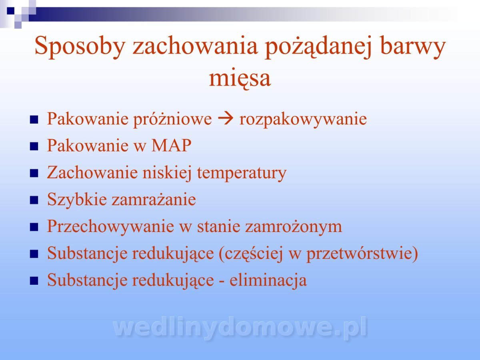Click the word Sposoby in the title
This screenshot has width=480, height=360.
pos(80,47)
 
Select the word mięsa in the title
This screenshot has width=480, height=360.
pos(240,78)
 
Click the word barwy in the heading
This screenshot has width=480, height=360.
pos(413,47)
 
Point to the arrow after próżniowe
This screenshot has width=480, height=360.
pos(226,119)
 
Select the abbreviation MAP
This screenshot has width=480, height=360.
pos(172,145)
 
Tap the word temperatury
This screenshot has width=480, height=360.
pos(242,173)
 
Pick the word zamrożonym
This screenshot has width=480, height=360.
pos(293,227)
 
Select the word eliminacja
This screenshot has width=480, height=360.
pos(268,280)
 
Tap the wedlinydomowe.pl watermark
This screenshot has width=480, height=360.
pos(240,328)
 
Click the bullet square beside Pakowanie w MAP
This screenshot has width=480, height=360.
pos(34,146)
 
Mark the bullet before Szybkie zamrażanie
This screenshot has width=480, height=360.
pos(34,200)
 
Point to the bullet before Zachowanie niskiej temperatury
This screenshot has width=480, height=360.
pos(34,173)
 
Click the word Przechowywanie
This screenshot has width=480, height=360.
pos(111,227)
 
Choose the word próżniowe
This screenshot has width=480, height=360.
pos(173,120)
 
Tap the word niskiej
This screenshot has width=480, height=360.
pos(167,173)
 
